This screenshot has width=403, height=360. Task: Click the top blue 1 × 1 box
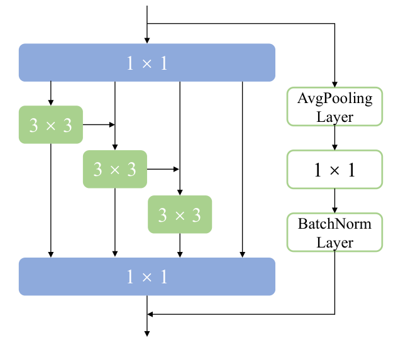[x=147, y=63]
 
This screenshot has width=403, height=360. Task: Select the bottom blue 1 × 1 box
[x=147, y=276]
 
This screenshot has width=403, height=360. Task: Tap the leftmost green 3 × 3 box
[x=51, y=124]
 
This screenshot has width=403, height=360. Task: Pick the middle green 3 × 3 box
[x=114, y=169]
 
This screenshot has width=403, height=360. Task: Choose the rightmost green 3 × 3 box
[x=180, y=214]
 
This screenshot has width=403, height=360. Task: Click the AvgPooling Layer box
[x=334, y=107]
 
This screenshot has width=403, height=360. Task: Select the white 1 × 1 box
[x=334, y=169]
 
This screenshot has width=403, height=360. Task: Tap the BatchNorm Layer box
[x=334, y=232]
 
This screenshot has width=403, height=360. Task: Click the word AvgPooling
[x=334, y=99]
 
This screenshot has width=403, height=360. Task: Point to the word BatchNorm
[x=334, y=224]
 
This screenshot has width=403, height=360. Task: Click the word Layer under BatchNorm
[x=334, y=242]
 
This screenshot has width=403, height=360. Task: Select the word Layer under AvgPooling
[x=334, y=116]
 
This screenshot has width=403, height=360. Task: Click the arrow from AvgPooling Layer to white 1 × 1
[x=334, y=138]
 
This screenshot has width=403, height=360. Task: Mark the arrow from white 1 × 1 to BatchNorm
[x=334, y=200]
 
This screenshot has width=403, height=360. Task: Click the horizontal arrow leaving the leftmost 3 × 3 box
[x=98, y=124]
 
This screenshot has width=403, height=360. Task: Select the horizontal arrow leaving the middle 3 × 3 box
[x=163, y=169]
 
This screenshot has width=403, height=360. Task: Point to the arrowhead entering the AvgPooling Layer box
[x=334, y=84]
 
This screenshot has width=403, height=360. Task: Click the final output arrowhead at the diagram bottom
[x=147, y=333]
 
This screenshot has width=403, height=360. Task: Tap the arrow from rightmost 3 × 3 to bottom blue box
[x=180, y=245]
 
